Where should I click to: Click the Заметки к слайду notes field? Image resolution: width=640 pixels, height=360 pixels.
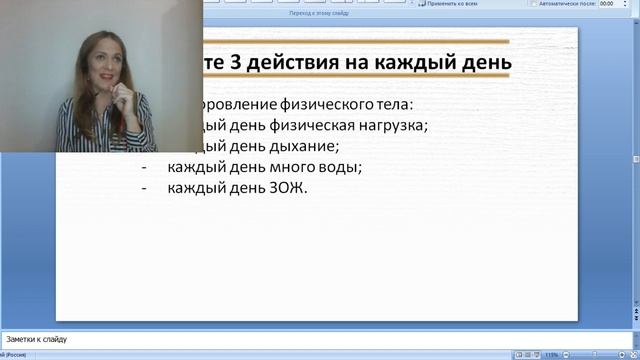coord(300,339)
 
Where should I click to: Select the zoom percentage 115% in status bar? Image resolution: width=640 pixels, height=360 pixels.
coord(552,354)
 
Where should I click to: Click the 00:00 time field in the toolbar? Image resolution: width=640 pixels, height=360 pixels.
coord(609,4)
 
